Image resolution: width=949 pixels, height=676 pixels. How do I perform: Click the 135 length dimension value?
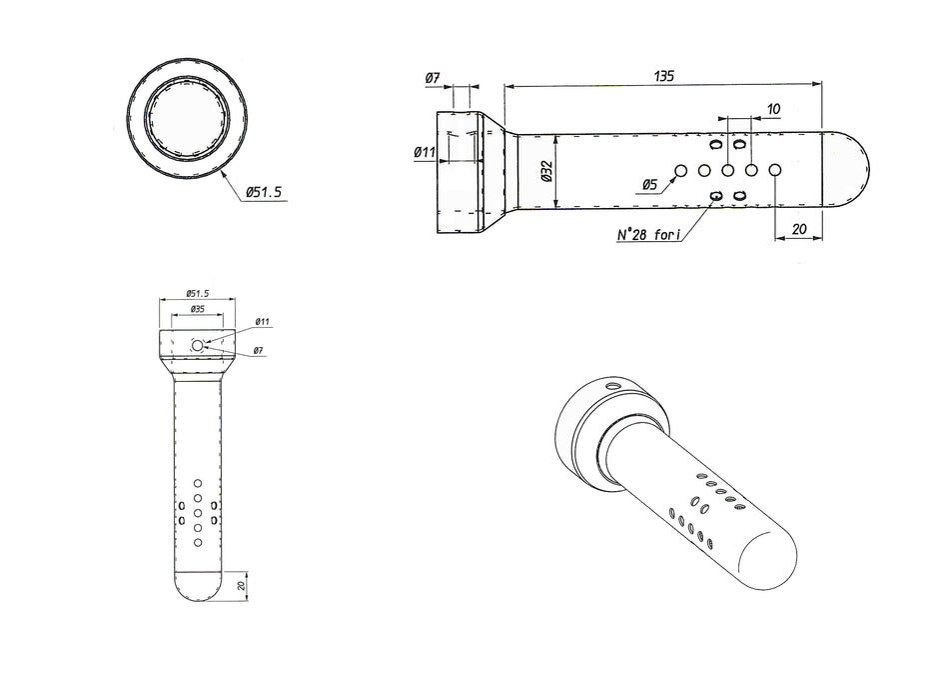click(664, 76)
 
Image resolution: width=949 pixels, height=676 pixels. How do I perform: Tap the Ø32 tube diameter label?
click(547, 171)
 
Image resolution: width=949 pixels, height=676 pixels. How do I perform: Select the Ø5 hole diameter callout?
click(648, 184)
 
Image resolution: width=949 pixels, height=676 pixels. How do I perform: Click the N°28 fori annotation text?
click(648, 234)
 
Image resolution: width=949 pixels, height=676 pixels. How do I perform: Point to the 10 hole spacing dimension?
click(773, 109)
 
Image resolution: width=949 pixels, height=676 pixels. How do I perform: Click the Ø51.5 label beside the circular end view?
click(264, 193)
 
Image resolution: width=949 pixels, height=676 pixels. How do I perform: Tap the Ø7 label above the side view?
click(433, 78)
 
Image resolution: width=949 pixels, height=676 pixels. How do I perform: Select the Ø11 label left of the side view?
click(425, 152)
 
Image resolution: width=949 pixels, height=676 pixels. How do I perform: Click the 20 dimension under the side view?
click(799, 229)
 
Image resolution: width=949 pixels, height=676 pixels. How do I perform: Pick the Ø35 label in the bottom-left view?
click(198, 308)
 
